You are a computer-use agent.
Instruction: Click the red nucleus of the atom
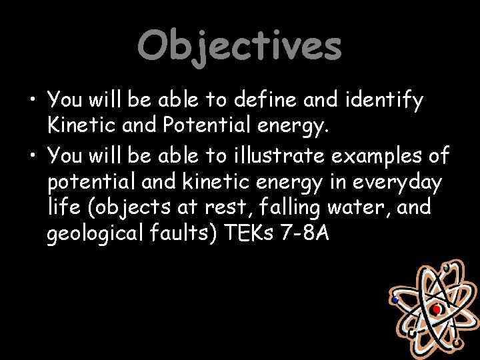pyautogui.click(x=436, y=310)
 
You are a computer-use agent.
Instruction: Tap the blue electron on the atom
pyautogui.click(x=395, y=300)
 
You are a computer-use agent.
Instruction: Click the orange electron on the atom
pyautogui.click(x=456, y=343)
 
